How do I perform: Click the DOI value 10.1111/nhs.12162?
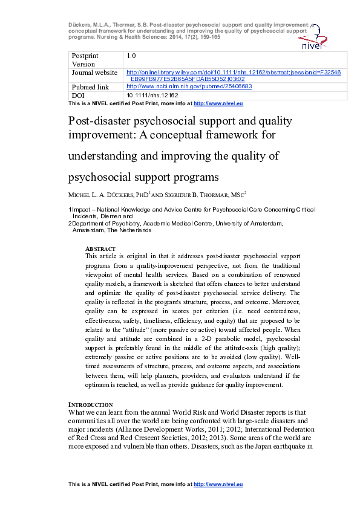click(152, 96)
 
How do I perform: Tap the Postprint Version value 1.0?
click(131, 56)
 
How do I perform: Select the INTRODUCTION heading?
click(90, 404)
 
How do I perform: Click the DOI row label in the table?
click(79, 96)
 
